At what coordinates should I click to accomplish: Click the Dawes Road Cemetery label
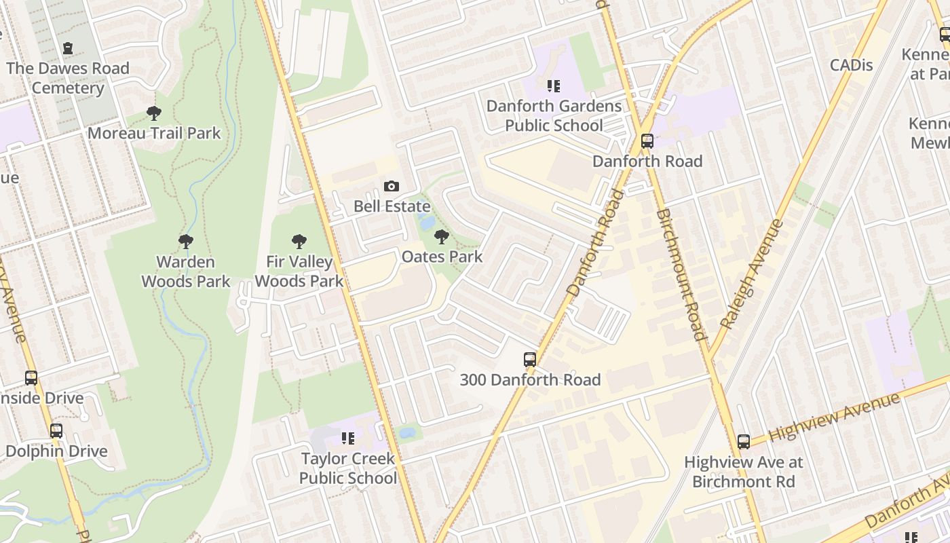(68, 78)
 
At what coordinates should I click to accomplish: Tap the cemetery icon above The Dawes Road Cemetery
(68, 48)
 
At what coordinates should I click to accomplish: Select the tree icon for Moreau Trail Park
(154, 113)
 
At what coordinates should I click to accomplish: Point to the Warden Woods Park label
(186, 271)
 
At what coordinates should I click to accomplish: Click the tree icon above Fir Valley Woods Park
(299, 242)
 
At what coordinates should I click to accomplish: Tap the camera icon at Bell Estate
(392, 187)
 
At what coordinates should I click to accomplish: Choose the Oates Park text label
(442, 257)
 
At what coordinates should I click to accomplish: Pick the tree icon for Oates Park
(442, 237)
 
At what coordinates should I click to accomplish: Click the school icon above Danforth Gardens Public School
(554, 86)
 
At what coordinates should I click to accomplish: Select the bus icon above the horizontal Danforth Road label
(647, 141)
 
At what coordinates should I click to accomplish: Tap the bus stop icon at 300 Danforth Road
(530, 360)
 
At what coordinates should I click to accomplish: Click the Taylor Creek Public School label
(348, 468)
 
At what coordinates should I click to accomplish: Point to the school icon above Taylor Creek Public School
(348, 438)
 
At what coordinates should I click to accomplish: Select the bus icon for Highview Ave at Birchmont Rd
(744, 442)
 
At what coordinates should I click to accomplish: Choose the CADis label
(851, 65)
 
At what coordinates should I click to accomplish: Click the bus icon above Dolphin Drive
(56, 431)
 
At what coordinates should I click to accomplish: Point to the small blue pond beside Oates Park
(427, 222)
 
